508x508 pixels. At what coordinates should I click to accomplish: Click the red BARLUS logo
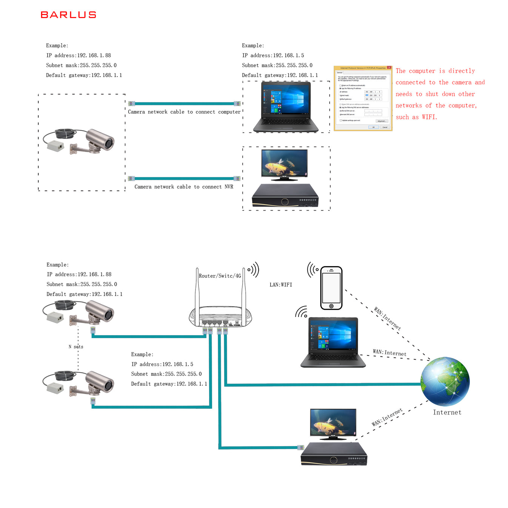68,15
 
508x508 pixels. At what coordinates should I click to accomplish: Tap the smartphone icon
331,288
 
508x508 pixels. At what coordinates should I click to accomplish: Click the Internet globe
445,381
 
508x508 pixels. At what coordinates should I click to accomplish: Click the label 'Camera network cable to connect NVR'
184,187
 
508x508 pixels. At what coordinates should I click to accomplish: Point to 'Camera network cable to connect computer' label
184,112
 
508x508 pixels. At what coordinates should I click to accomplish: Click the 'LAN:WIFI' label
281,285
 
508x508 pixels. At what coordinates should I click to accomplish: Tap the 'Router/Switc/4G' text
220,276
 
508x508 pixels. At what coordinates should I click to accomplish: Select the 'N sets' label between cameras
76,347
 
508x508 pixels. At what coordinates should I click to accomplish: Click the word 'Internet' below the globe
447,413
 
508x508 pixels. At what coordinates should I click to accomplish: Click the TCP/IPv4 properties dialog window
363,99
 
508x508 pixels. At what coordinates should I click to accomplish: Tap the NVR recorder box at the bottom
334,454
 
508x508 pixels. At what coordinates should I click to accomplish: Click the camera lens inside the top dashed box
109,143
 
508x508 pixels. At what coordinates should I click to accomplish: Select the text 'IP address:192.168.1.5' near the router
162,364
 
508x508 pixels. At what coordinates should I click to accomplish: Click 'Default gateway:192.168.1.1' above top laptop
280,75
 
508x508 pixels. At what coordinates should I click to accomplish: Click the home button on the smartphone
331,306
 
